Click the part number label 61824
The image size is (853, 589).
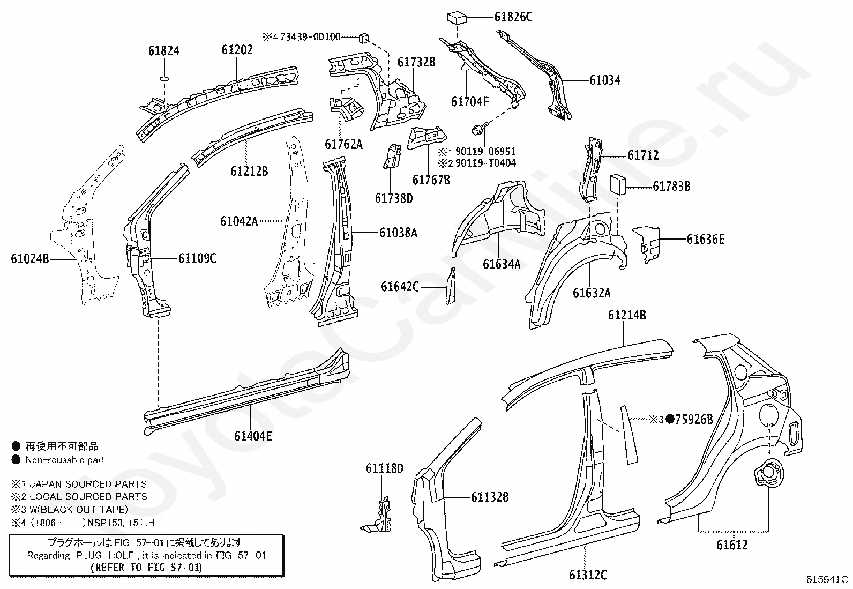pos(164,51)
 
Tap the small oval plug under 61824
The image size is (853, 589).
pos(164,79)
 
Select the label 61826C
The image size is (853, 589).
pos(513,17)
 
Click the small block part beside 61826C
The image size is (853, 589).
pos(457,18)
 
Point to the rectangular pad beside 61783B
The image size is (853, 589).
pos(617,185)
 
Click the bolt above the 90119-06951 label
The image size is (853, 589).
pos(477,130)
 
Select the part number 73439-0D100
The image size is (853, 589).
pos(310,37)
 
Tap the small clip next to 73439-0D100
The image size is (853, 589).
pos(364,38)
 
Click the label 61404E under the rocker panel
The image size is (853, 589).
pos(253,436)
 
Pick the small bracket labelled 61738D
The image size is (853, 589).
pos(392,156)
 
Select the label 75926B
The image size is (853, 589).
pos(694,420)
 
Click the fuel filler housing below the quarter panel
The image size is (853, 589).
pos(768,473)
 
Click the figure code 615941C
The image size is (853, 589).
pos(827,579)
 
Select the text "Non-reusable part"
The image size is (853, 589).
pos(65,460)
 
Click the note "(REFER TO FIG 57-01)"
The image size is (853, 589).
pos(147,567)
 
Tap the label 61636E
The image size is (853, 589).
pos(706,239)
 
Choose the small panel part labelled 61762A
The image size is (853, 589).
pos(346,109)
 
